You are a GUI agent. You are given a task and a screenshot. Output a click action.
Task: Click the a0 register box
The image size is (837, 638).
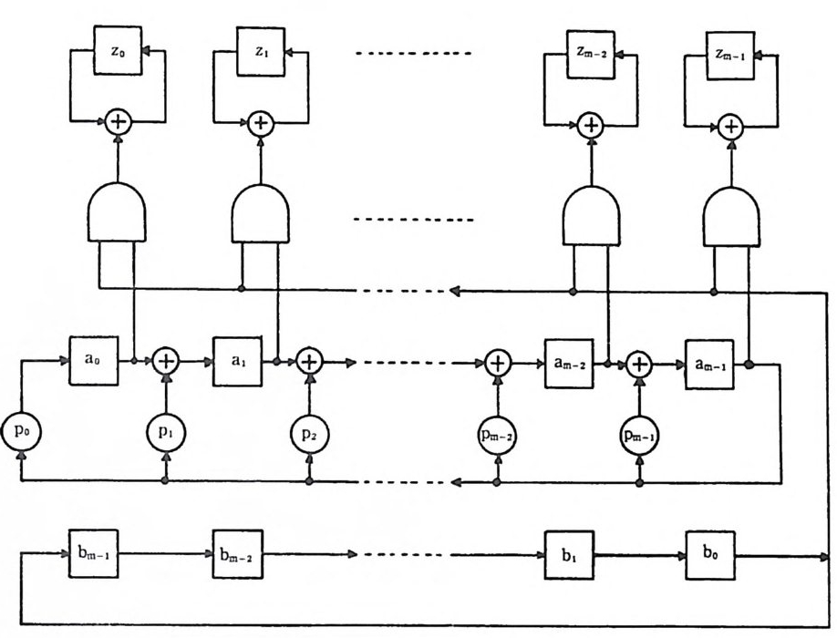[x=93, y=360]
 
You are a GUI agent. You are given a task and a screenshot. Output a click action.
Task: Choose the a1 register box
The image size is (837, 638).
[x=237, y=360]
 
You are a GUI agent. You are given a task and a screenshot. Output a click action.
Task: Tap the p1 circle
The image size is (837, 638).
[x=166, y=430]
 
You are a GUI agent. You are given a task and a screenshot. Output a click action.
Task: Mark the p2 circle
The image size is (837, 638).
[x=310, y=430]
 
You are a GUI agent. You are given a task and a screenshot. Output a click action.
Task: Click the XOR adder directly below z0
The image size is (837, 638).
[x=118, y=120]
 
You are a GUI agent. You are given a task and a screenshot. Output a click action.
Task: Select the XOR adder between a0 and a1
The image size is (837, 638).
[x=166, y=362]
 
